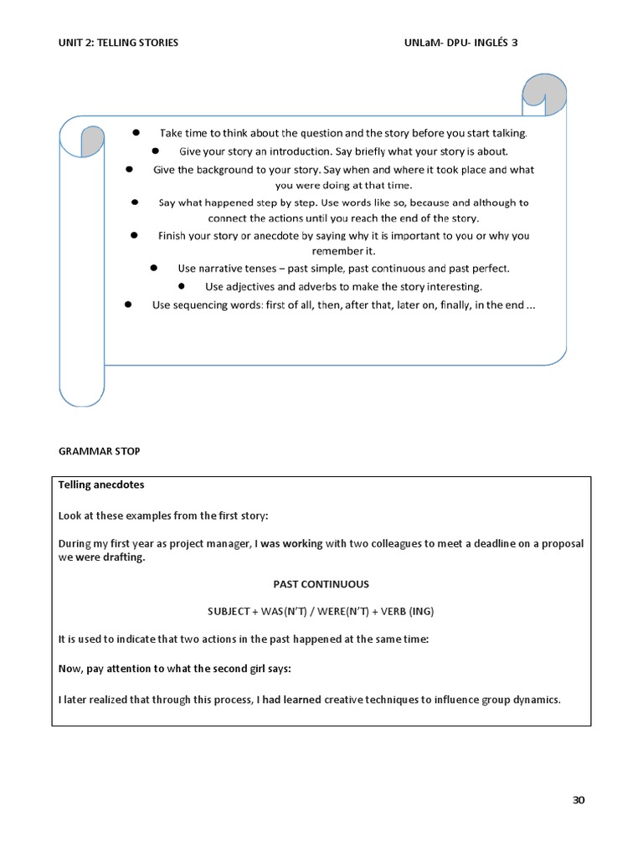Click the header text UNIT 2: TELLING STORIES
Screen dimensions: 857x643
118,43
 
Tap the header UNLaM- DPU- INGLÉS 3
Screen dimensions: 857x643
460,43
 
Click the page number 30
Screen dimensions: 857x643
579,800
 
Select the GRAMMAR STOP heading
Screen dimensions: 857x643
100,451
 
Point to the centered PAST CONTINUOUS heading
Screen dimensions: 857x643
321,584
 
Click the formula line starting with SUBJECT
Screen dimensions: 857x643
321,611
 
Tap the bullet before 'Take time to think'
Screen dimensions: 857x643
136,133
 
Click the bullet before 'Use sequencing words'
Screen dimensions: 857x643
127,305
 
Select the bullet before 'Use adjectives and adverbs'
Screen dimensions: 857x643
181,286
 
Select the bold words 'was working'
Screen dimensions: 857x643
291,544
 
